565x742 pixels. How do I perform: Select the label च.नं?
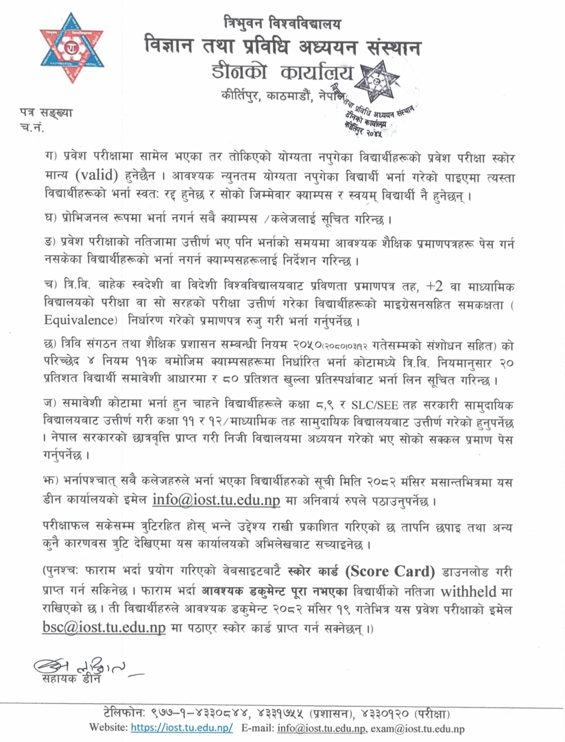click(32, 126)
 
